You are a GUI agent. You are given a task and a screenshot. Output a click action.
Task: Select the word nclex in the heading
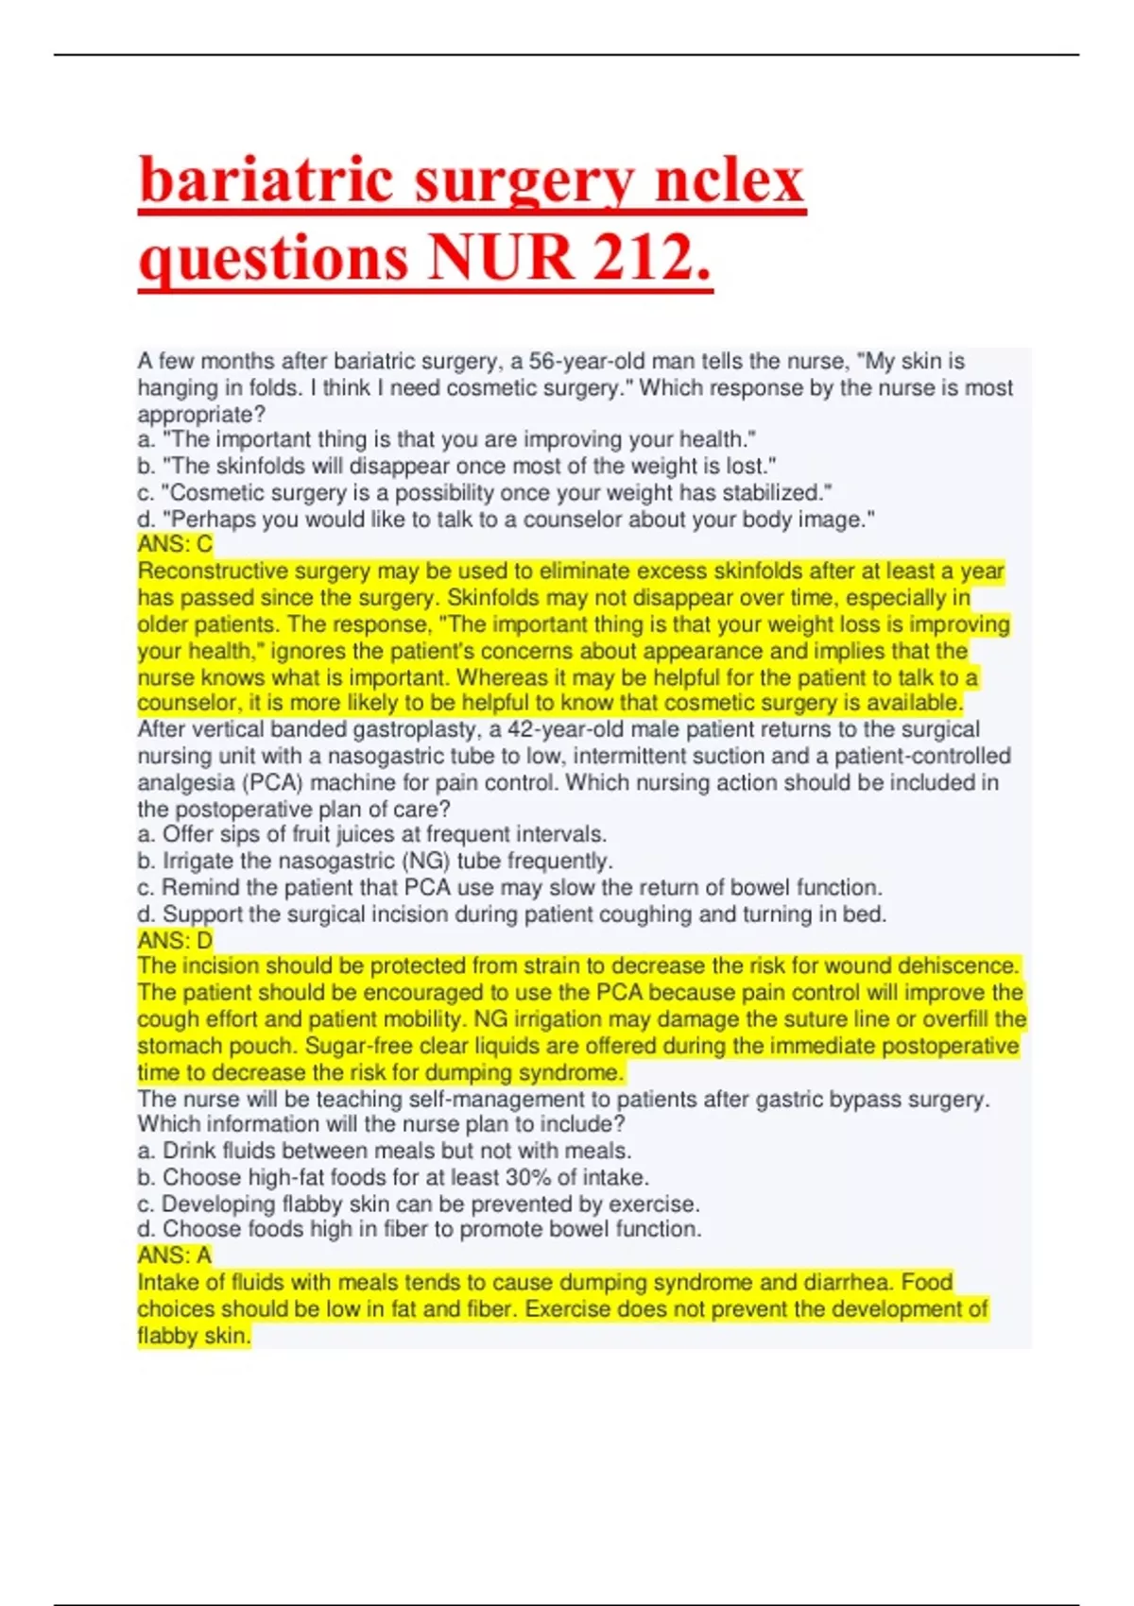(729, 180)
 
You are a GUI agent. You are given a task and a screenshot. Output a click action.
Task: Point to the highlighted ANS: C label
(175, 544)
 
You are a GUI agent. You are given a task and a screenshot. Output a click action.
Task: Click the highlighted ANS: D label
(175, 940)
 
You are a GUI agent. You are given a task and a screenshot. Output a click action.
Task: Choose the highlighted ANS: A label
(175, 1256)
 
